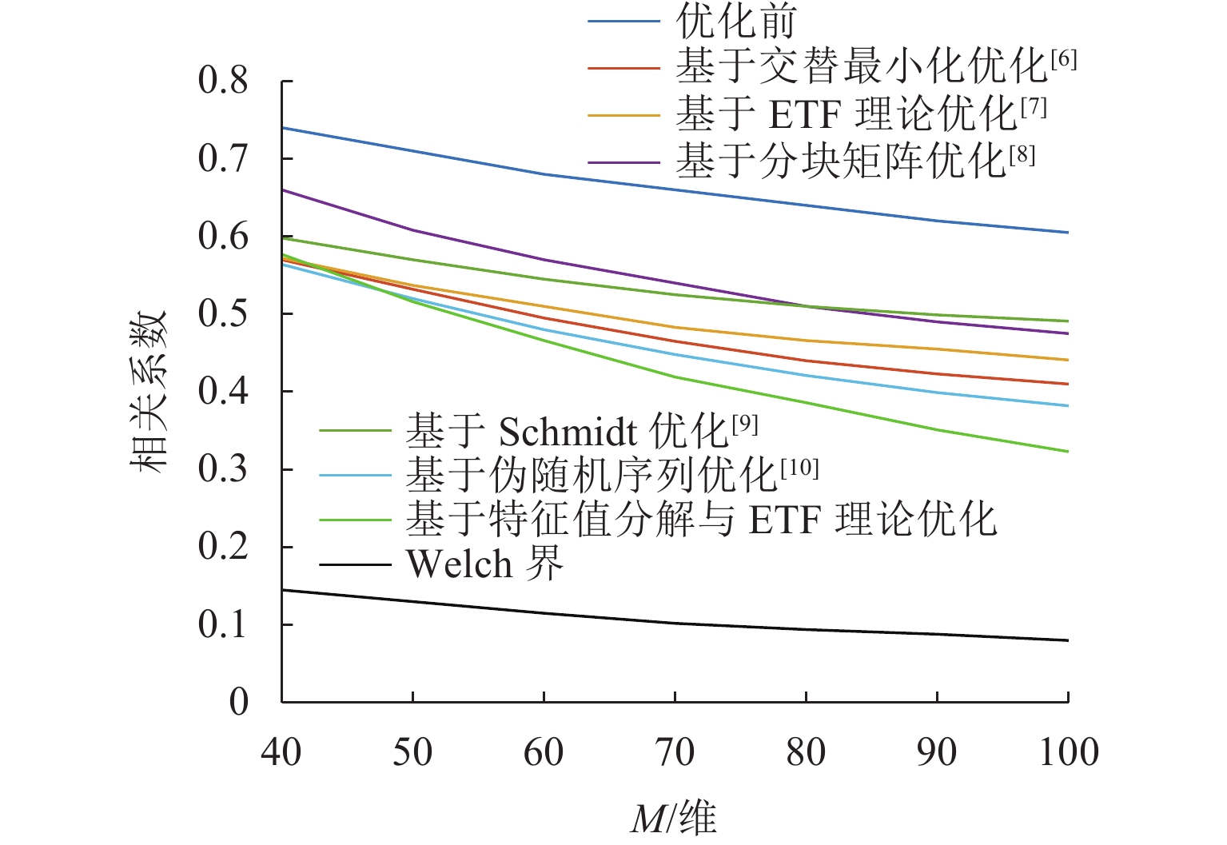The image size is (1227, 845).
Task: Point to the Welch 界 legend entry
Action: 484,564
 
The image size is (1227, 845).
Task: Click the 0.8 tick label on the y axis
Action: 223,81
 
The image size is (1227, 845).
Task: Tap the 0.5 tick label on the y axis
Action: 223,314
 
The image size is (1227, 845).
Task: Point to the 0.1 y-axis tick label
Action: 223,625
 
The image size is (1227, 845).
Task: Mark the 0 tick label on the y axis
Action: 239,703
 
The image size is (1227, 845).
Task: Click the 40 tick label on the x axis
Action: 281,753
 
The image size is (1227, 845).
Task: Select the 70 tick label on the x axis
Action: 675,753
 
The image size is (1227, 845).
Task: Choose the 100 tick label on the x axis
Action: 1069,753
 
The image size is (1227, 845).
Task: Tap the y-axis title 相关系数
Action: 149,391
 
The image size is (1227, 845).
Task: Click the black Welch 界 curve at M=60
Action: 544,613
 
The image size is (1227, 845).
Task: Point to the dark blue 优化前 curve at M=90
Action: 937,221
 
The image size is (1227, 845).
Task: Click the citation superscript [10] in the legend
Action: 799,468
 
